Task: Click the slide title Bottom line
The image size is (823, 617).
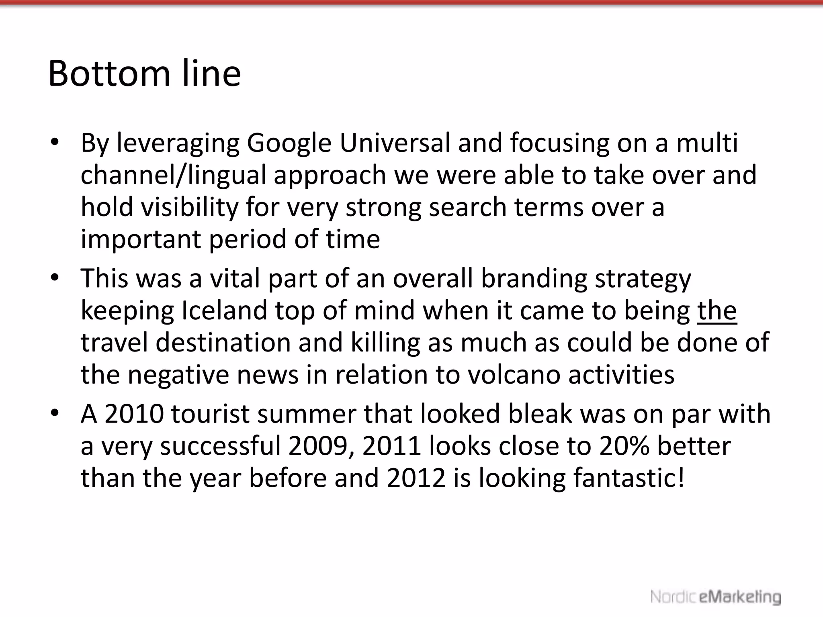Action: click(144, 74)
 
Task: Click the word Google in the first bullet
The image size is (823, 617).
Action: click(289, 143)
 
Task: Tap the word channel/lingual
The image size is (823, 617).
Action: click(173, 176)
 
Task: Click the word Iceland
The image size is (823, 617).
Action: click(224, 311)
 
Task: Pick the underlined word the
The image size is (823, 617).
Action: click(717, 311)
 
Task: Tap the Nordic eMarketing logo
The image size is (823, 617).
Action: click(716, 597)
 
